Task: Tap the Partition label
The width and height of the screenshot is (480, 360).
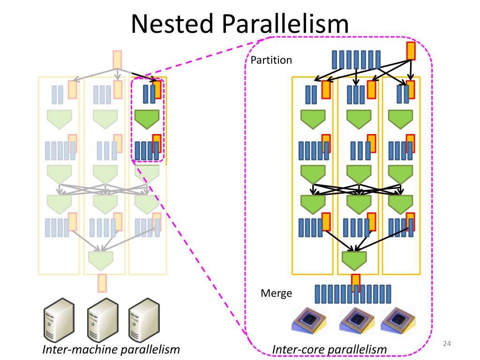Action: tap(271, 60)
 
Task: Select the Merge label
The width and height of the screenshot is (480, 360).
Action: tap(276, 293)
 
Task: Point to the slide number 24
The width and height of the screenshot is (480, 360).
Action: tap(446, 345)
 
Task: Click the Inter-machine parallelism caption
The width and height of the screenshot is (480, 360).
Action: tap(111, 350)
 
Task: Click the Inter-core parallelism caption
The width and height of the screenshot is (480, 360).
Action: tap(330, 350)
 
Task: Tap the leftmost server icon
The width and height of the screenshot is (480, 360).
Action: tap(59, 320)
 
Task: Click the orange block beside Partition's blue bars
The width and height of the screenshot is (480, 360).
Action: tap(411, 51)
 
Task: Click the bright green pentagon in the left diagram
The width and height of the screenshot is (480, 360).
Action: tap(147, 119)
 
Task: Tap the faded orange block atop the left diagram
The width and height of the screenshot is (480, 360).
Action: tap(117, 60)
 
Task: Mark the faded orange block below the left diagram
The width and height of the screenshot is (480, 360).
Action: tap(102, 283)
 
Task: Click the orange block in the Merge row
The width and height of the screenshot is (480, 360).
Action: tap(356, 283)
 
